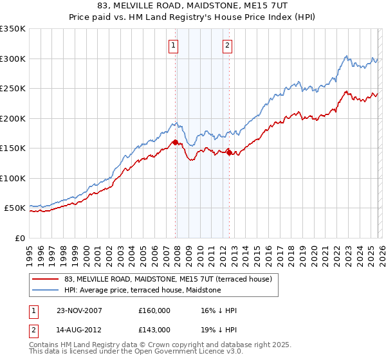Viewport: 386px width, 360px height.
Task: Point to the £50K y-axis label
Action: coord(14,208)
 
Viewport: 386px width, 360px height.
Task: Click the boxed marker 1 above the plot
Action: coord(174,45)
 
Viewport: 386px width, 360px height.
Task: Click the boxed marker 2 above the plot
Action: coord(228,45)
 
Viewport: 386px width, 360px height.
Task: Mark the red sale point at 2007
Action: coord(176,142)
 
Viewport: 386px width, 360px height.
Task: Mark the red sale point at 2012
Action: coord(229,152)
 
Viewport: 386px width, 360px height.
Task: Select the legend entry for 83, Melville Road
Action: coord(169,279)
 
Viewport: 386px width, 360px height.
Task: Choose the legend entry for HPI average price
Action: coord(142,291)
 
